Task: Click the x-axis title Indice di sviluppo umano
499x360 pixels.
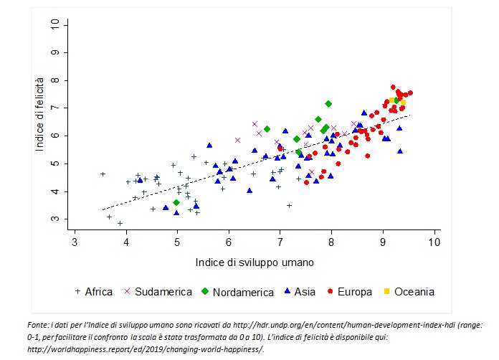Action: (x=254, y=262)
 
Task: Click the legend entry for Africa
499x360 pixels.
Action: (x=98, y=292)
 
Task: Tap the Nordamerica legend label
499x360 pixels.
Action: (x=243, y=292)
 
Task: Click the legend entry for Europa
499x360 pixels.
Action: (x=355, y=292)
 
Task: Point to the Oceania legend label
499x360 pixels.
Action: (x=414, y=292)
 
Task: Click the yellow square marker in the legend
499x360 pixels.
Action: (x=386, y=292)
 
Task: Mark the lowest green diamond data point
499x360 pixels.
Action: (x=176, y=203)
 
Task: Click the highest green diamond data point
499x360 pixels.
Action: (x=328, y=104)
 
